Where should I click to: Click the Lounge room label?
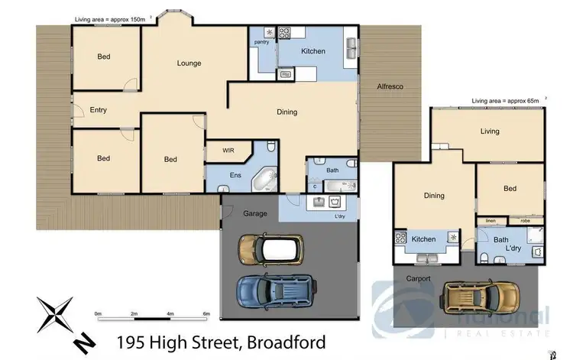tap(189, 63)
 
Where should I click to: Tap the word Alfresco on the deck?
tap(390, 87)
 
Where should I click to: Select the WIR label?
tap(228, 151)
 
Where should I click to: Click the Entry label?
tap(98, 110)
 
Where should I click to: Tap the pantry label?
tap(262, 42)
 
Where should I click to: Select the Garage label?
tap(255, 213)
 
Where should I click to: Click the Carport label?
tap(419, 278)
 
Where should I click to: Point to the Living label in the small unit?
tap(490, 131)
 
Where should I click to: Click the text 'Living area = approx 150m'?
tap(112, 18)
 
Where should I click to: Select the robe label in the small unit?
tap(526, 221)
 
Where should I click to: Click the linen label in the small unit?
tap(490, 221)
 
